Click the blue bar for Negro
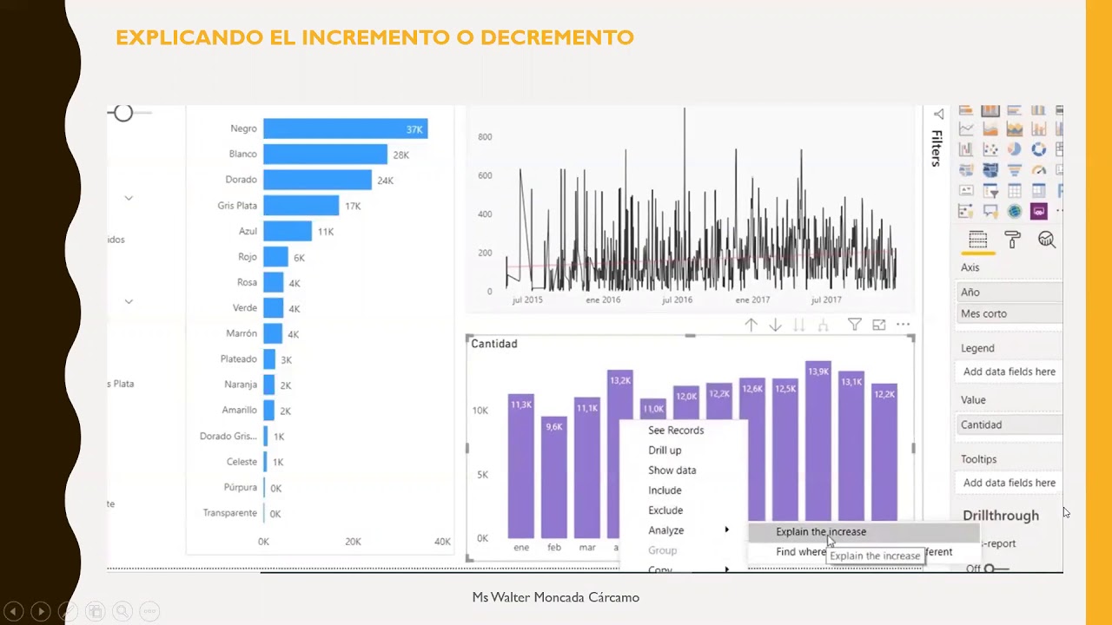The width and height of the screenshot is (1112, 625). pos(345,128)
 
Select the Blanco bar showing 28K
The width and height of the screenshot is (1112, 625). pos(325,155)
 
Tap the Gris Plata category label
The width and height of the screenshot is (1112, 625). pos(237,206)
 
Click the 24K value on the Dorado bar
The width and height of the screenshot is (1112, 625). pos(385,181)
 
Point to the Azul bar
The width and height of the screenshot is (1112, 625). pos(287,232)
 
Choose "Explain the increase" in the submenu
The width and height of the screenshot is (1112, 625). pos(820,532)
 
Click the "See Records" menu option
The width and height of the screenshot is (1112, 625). pos(676,431)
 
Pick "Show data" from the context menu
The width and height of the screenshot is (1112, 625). pos(672,470)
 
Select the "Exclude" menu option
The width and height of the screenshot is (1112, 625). pos(665,510)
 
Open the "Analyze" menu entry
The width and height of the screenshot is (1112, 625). pos(666,530)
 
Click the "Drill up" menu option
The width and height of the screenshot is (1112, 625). pos(665,451)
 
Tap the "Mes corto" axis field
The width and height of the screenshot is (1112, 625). pos(984,313)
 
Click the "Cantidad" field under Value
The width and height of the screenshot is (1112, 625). pos(981,424)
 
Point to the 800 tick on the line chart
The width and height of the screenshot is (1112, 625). pos(485,137)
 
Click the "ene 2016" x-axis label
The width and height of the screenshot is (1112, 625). pos(603,300)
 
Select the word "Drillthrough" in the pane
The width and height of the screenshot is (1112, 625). pos(1000,516)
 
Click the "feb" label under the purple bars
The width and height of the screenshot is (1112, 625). pos(553,548)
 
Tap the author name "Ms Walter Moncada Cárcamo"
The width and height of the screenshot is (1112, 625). pos(555,597)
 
